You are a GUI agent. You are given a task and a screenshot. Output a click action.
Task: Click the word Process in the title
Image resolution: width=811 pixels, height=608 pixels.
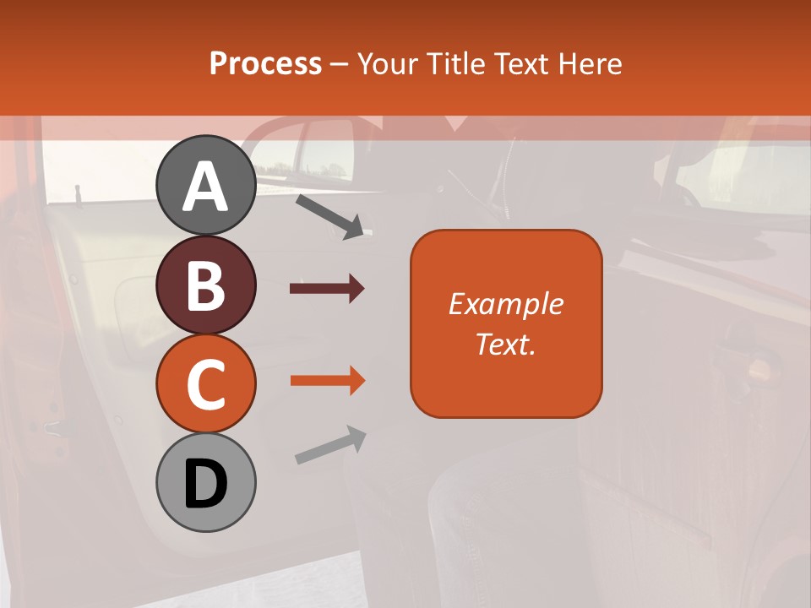(265, 64)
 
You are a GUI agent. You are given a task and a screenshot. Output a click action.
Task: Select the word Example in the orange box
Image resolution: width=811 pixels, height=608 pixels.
(505, 304)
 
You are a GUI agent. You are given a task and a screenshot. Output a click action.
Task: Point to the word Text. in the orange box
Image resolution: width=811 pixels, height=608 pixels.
(505, 345)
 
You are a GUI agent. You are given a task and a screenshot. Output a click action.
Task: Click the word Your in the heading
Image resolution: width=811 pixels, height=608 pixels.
(387, 64)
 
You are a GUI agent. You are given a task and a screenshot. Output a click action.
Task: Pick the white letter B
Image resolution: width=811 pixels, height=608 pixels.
(205, 286)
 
